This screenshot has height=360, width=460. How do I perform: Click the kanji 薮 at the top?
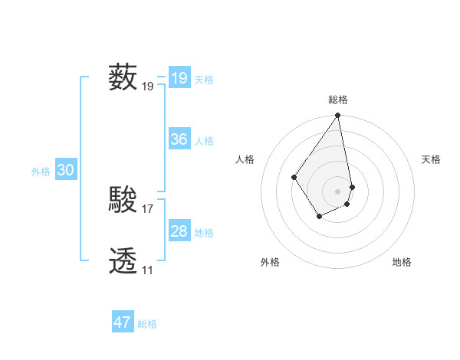coord(123,77)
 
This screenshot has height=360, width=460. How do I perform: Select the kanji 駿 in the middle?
coord(123,200)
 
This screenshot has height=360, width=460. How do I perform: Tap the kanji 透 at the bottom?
coord(123,261)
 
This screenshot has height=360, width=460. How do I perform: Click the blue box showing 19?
coord(179,78)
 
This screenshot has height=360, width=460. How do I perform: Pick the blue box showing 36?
coord(179,139)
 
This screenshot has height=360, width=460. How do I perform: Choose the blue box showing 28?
coord(179,231)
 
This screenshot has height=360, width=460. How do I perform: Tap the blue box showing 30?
coord(65,171)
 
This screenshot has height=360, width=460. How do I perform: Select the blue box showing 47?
coord(122,322)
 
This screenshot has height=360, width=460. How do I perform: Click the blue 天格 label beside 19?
coord(204,80)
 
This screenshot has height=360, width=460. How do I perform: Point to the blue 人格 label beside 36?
coord(204,141)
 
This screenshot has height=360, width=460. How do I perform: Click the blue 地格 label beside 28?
coord(204,233)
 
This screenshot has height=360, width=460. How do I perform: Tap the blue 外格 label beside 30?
coord(41,172)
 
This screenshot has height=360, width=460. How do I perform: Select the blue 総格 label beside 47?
coord(147,324)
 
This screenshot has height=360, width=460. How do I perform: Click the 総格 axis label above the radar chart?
coord(338,100)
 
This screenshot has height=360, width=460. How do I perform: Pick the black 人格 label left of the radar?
coord(245,159)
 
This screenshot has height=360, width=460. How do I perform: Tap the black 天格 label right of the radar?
coord(431,159)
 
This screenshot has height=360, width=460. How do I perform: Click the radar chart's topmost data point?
coord(338,116)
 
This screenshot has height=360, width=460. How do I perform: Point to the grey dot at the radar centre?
coord(338,191)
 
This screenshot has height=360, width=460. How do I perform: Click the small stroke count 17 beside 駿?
coord(148,208)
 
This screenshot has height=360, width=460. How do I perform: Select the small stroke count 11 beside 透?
coord(147,270)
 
